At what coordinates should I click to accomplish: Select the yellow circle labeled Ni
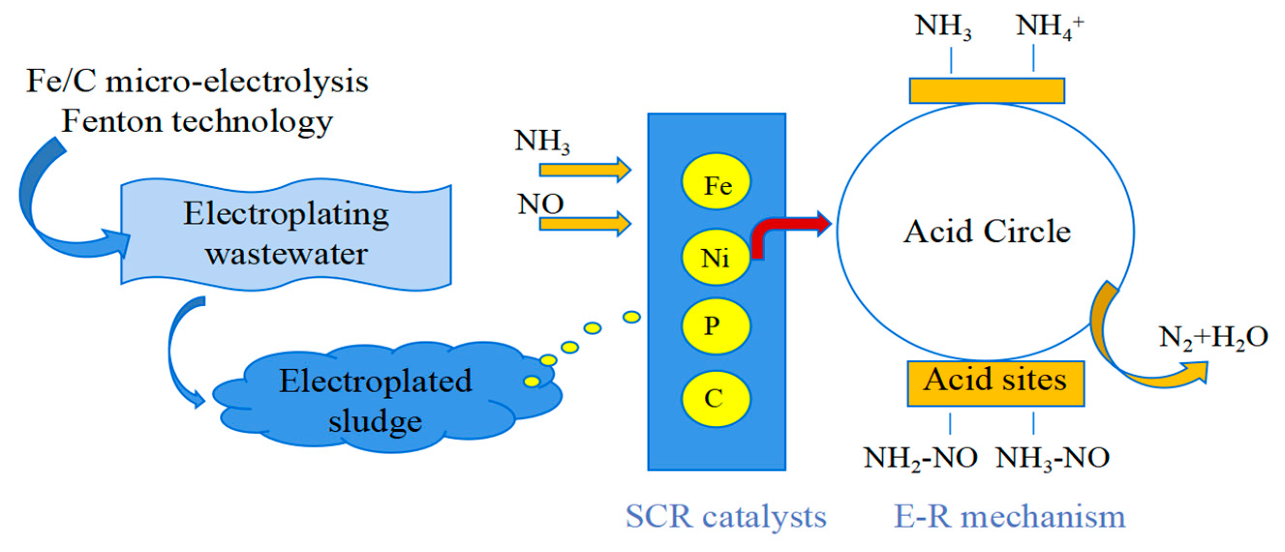click(x=715, y=257)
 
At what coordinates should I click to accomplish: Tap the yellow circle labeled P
click(x=715, y=326)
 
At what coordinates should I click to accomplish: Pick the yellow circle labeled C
click(x=715, y=399)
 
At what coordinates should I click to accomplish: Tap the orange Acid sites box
click(x=995, y=384)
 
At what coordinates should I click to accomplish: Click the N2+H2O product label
click(x=1213, y=337)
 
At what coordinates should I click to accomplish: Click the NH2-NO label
click(x=921, y=458)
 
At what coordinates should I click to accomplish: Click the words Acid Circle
click(x=987, y=231)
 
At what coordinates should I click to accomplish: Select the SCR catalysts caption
click(x=726, y=517)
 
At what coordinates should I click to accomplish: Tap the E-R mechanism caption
click(x=1009, y=517)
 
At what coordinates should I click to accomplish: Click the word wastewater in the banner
click(x=287, y=254)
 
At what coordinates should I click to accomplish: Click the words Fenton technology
click(x=197, y=121)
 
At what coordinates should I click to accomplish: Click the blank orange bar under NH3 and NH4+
click(x=987, y=91)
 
